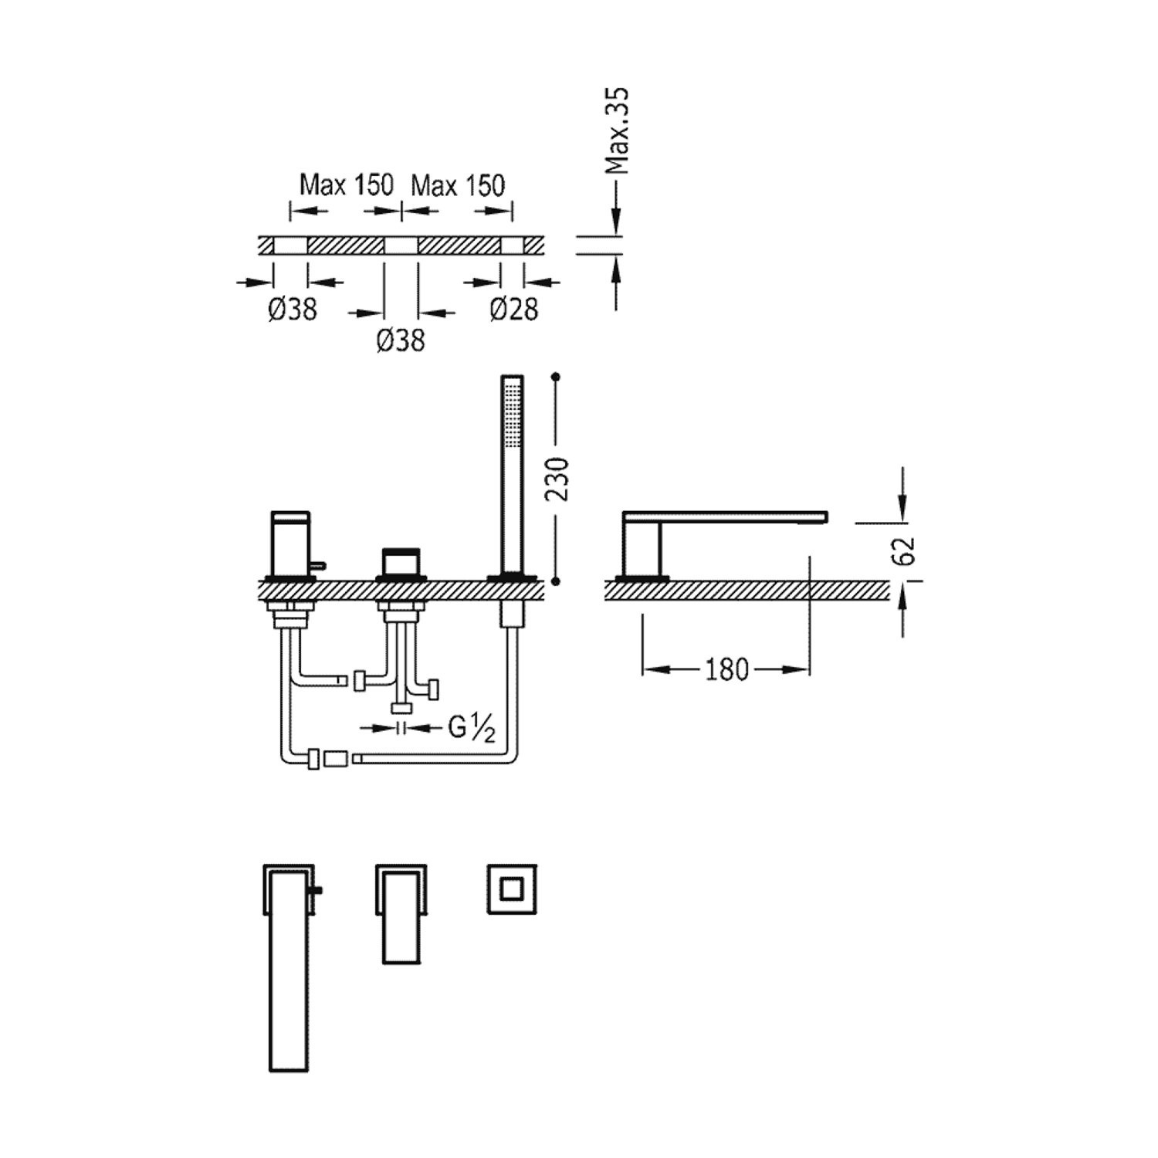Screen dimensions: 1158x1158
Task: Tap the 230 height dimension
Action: click(557, 479)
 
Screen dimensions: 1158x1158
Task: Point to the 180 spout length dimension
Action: click(726, 669)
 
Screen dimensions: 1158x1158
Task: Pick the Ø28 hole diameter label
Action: click(513, 310)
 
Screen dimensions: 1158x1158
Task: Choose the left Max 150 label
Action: click(347, 186)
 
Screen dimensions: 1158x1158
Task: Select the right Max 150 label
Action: click(458, 186)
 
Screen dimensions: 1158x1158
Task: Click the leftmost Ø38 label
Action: click(293, 310)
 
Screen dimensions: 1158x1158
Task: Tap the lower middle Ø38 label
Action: click(401, 340)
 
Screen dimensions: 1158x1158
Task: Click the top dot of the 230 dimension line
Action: click(557, 378)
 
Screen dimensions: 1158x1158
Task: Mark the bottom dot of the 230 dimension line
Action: click(557, 581)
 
